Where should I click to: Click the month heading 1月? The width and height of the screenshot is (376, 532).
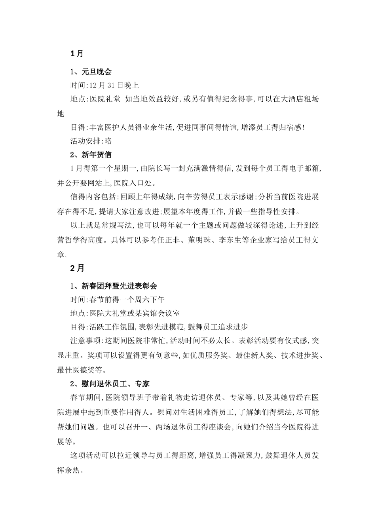coord(77,54)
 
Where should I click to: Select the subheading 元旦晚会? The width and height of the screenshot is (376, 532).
coord(91,72)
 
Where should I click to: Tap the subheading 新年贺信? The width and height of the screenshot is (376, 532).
coord(91,154)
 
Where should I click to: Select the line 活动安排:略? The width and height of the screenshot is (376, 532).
coord(91,141)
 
